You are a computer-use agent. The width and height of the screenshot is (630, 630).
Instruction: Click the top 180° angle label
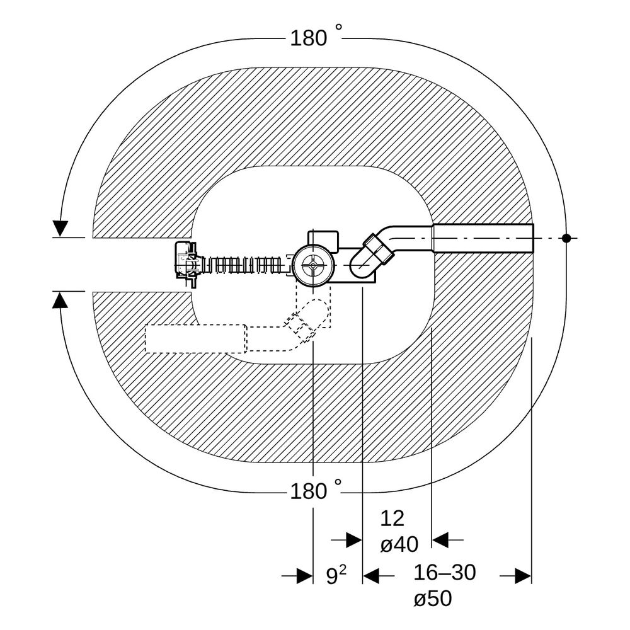[x=316, y=37]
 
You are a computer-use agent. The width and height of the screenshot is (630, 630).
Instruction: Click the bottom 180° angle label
[x=316, y=490]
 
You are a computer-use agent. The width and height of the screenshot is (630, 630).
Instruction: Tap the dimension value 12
[x=392, y=518]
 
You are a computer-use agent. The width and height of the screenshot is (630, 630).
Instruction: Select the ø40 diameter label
[x=399, y=545]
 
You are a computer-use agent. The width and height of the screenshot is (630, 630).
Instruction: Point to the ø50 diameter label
[x=433, y=598]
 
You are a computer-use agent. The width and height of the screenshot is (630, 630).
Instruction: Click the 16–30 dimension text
[x=445, y=572]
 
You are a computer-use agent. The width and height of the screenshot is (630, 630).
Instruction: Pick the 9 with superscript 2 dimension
[x=336, y=575]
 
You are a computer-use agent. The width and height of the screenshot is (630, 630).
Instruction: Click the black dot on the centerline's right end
[x=566, y=238]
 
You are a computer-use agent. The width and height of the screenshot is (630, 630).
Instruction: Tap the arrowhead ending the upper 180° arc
[x=60, y=228]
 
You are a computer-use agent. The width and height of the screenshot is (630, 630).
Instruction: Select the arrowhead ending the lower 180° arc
[x=60, y=300]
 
